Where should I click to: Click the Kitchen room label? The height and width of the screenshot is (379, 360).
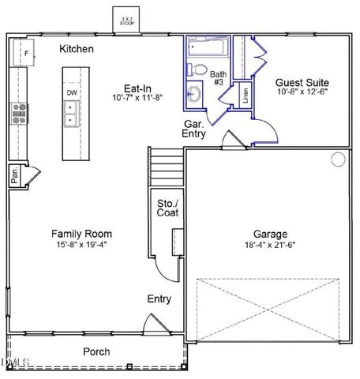click(77, 50)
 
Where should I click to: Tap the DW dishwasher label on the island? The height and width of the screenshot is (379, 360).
click(72, 93)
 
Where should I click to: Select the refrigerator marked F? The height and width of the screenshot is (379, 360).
click(27, 53)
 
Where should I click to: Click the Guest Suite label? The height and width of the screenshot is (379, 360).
click(302, 82)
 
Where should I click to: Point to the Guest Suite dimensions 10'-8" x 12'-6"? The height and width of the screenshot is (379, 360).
click(302, 92)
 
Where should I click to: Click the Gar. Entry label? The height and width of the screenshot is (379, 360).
click(194, 129)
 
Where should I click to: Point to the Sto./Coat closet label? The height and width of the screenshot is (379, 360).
click(167, 208)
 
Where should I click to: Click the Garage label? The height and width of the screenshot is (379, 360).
click(270, 234)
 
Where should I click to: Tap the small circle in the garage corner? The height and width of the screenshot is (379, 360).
click(338, 159)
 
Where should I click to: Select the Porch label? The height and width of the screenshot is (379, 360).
click(96, 351)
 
